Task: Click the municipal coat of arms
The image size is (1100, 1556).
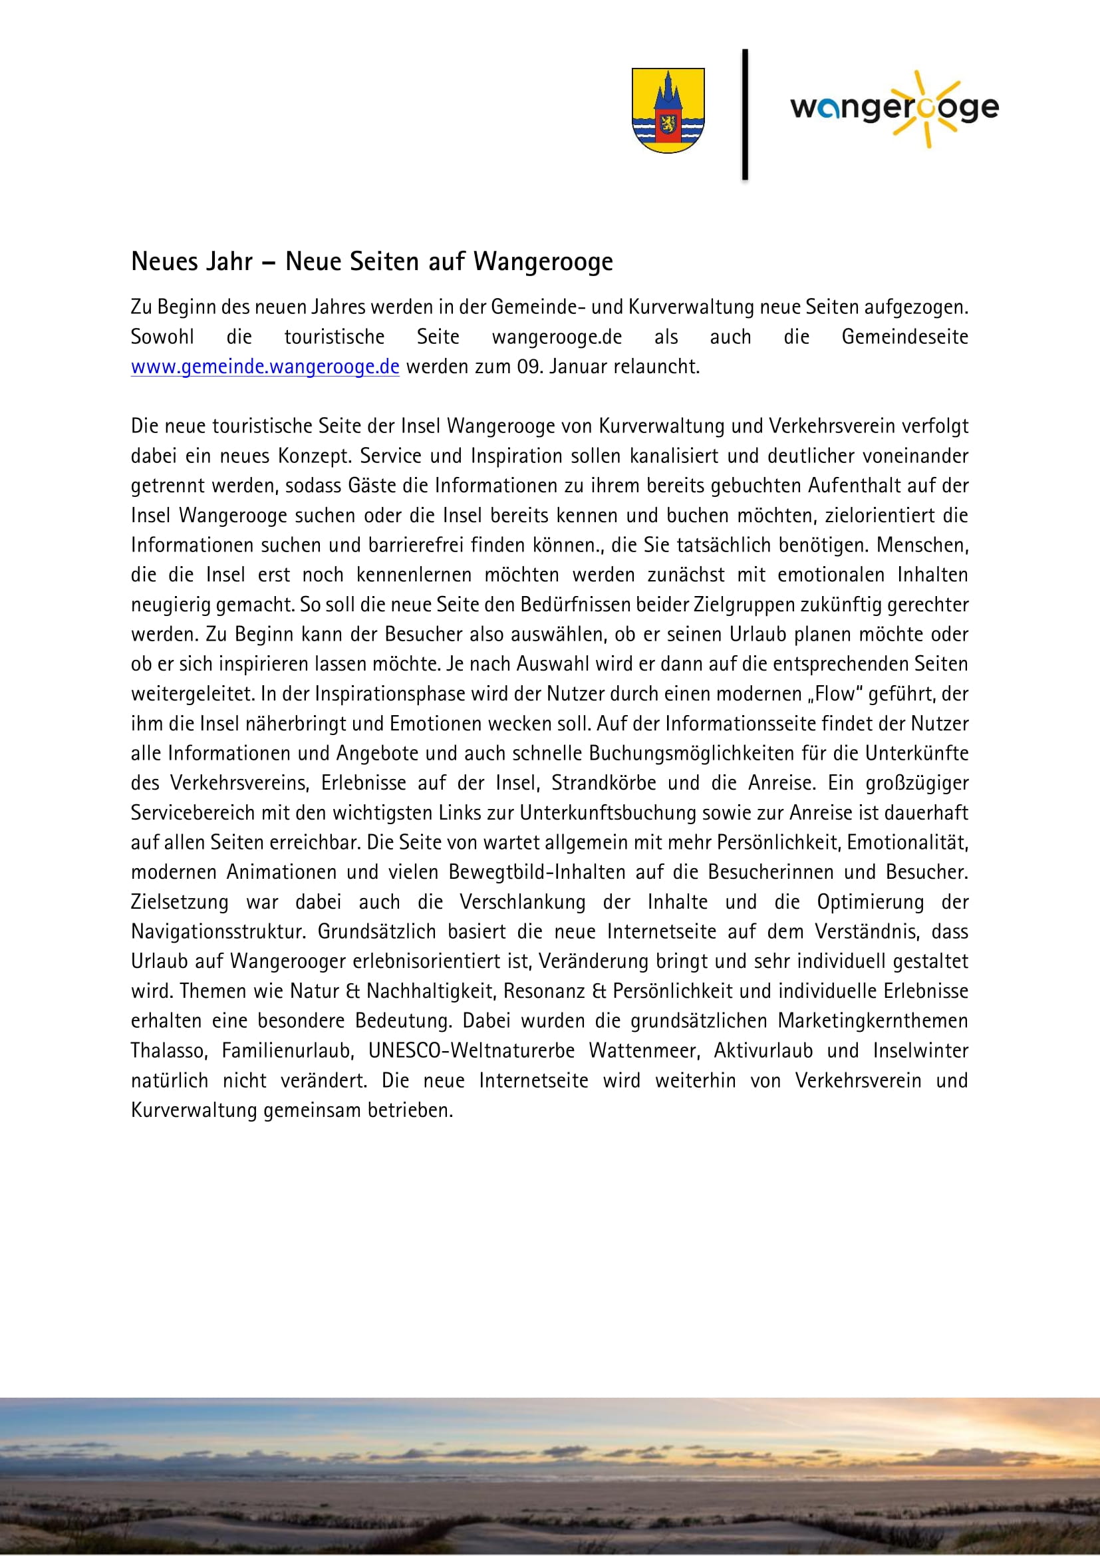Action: point(668,110)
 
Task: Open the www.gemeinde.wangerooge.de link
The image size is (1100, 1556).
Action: point(265,367)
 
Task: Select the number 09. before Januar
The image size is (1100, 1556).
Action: point(528,367)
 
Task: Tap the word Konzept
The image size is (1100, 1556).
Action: point(314,456)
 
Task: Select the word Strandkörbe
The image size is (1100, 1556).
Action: point(603,784)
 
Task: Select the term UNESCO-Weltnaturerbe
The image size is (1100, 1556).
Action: point(472,1051)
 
